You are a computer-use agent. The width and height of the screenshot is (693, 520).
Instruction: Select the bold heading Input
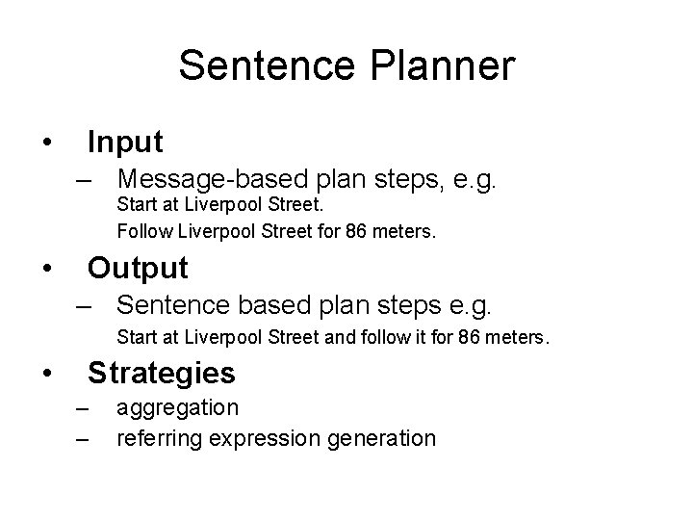point(125,143)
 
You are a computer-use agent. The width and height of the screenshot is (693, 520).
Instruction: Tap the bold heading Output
point(138,266)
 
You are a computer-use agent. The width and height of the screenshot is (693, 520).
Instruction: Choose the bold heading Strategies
point(161,372)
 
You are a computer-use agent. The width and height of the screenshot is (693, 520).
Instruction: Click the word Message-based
point(215,179)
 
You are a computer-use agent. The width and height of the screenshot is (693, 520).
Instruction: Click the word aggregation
point(177,408)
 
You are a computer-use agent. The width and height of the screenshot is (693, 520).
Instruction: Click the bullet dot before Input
point(46,144)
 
